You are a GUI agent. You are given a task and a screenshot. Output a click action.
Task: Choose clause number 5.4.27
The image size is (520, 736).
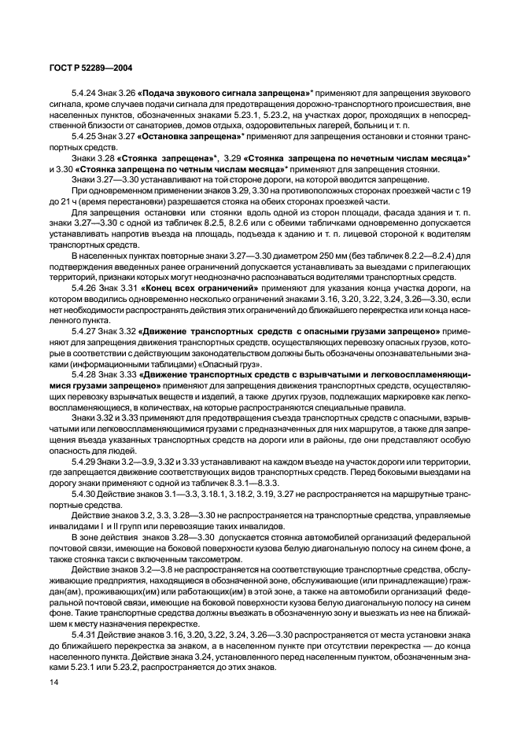83,332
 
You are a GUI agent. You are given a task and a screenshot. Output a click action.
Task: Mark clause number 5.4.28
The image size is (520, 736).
83,375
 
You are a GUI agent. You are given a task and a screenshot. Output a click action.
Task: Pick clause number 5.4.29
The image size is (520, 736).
83,462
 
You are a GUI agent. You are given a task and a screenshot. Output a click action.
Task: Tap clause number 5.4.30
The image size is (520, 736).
83,494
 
